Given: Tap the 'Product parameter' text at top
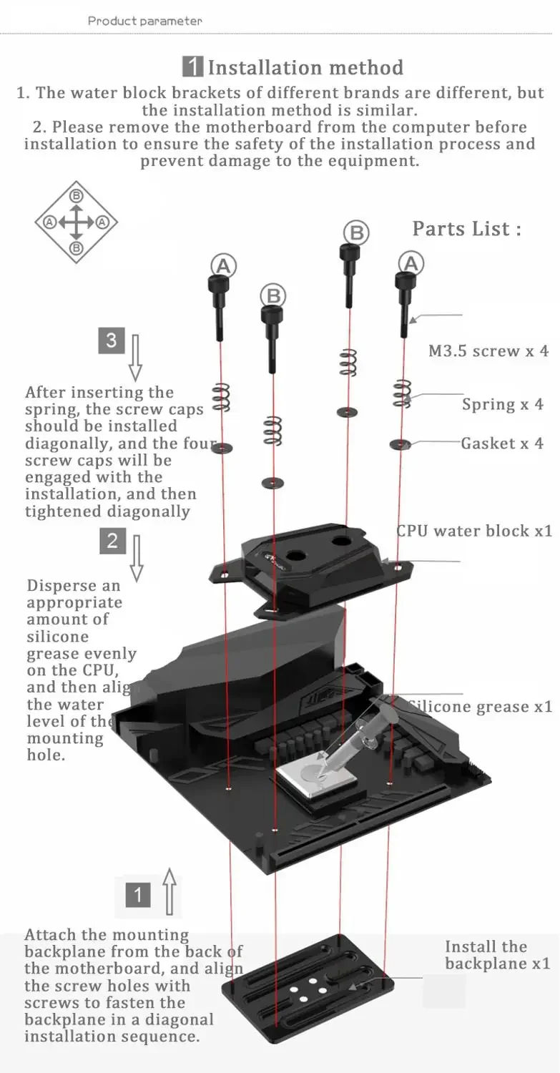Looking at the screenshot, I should click(144, 21).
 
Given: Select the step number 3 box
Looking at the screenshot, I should click(112, 340).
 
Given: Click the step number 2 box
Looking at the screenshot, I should click(112, 541).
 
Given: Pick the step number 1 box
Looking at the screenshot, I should click(138, 894).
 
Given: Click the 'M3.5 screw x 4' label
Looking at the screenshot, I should click(488, 351).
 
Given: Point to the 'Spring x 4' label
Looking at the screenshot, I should click(502, 404).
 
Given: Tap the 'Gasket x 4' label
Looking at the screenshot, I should click(501, 444).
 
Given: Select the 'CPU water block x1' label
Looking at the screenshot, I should click(474, 531).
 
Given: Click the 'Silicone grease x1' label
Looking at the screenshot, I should click(480, 707).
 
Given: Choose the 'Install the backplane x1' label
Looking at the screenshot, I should click(497, 955).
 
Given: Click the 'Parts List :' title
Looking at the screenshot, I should click(466, 229).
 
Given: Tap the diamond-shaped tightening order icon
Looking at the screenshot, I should click(76, 222).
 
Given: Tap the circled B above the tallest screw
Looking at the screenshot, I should click(355, 232).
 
